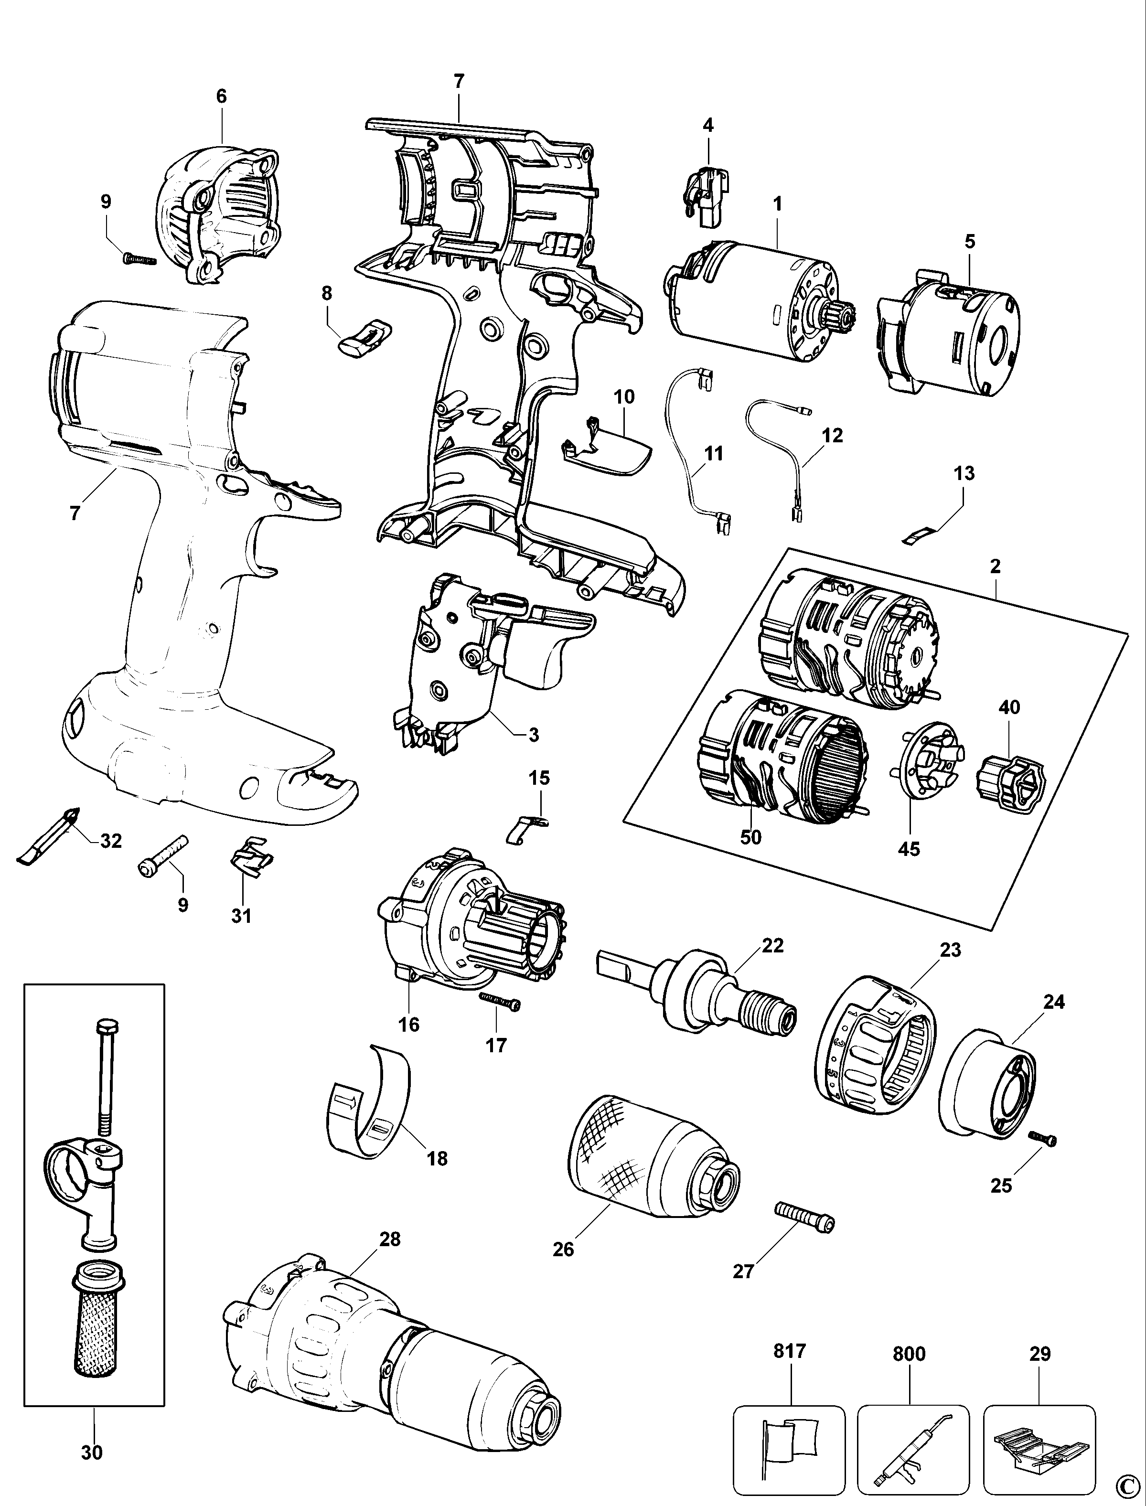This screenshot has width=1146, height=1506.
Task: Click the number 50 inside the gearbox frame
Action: pyautogui.click(x=750, y=836)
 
